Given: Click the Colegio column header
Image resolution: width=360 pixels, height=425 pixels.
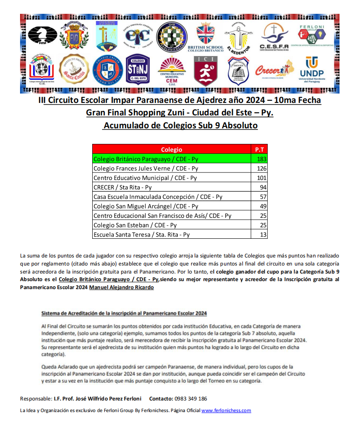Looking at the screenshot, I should (x=171, y=150).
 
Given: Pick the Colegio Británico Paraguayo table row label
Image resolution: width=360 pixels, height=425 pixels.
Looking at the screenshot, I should (x=146, y=159).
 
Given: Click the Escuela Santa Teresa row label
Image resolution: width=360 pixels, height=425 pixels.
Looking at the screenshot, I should (x=141, y=234).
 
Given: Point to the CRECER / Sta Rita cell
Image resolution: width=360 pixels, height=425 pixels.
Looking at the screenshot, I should (x=123, y=187).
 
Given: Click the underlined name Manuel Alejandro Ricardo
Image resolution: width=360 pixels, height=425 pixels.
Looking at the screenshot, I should (x=122, y=287).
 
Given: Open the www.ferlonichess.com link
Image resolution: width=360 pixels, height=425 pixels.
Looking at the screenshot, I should (x=226, y=410).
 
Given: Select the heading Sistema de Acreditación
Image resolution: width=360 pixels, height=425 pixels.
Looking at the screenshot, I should (x=124, y=313).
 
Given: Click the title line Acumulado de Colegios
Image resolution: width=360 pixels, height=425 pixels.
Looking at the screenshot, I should (x=180, y=126).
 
